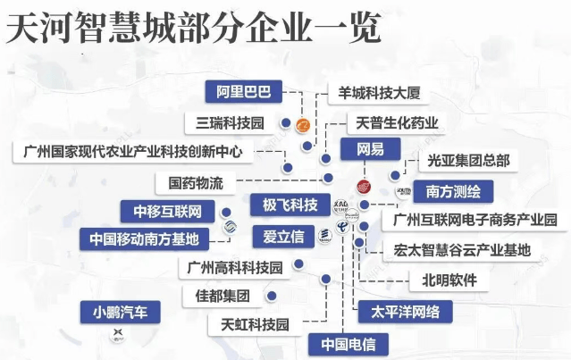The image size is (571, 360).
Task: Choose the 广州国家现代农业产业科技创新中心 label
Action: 133,151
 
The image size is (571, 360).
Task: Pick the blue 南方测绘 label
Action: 449,190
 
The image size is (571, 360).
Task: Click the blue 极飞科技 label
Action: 283,205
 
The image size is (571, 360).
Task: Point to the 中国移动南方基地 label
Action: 144,239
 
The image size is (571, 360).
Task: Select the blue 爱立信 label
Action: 282,237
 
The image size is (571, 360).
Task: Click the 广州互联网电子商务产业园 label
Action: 475,220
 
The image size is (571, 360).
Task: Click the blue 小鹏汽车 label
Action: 120,312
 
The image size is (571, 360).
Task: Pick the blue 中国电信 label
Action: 348,342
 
